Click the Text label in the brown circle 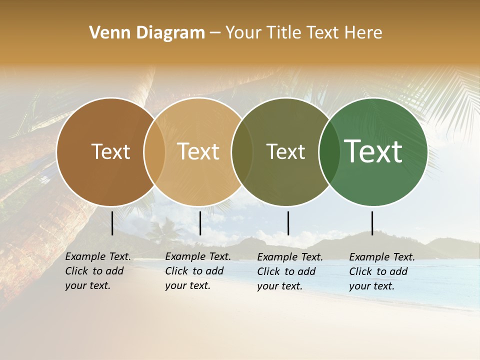point(110,151)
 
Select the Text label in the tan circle point(198,151)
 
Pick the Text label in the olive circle point(285,151)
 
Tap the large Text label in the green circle point(373,151)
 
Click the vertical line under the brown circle point(112,223)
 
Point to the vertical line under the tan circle point(200,223)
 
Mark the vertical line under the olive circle point(288,223)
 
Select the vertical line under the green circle point(372,223)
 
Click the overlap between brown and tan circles point(154,151)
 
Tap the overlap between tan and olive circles point(242,151)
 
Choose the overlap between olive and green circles point(329,151)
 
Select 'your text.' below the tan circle point(187,285)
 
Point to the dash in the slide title point(215,33)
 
